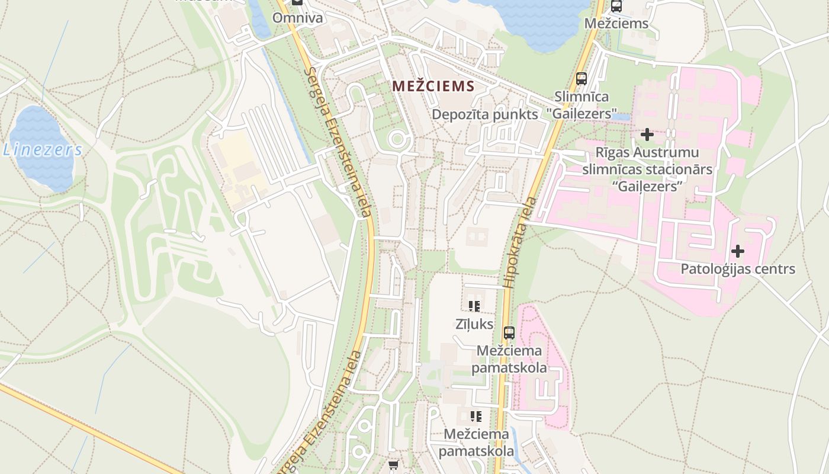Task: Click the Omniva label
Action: click(297, 18)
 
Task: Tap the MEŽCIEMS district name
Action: click(433, 87)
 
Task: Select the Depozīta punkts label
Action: click(485, 114)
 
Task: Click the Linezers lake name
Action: click(42, 150)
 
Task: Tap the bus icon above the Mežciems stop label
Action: click(616, 7)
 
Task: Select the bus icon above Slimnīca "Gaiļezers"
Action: click(581, 78)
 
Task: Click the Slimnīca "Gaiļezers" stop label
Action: click(586, 104)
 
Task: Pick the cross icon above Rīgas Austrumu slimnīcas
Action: click(647, 134)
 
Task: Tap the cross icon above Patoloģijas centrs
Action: click(737, 251)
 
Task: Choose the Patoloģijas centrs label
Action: click(737, 269)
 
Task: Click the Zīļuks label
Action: click(474, 324)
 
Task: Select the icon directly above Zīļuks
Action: click(474, 306)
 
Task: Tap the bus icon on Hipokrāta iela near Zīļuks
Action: click(509, 332)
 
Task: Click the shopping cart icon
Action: click(393, 465)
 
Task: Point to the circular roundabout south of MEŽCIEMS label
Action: click(397, 140)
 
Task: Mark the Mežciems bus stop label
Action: click(616, 24)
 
